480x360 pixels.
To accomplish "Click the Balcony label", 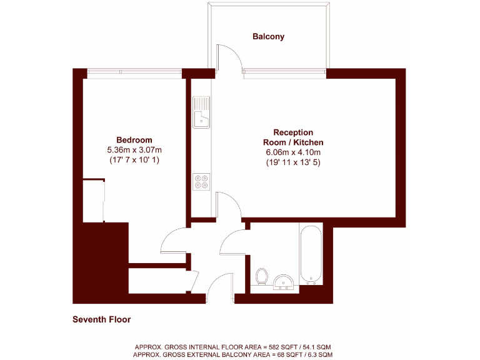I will tap(268, 36).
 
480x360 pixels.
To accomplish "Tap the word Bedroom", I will tap(134, 139).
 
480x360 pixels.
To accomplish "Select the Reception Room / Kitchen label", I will tap(293, 137).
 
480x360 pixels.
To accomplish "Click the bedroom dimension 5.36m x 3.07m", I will tap(134, 150).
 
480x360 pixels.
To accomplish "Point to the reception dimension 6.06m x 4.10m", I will tap(293, 152).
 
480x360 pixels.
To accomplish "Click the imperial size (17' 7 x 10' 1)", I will tap(134, 161).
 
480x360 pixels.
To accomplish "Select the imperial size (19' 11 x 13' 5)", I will tap(293, 162).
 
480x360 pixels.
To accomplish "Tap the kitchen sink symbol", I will tap(201, 112).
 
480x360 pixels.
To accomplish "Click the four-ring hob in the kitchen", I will tap(201, 181).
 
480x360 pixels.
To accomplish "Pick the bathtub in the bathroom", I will tap(311, 255).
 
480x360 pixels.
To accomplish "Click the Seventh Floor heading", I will tap(101, 319).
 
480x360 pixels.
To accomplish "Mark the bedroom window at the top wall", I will tap(134, 71).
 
